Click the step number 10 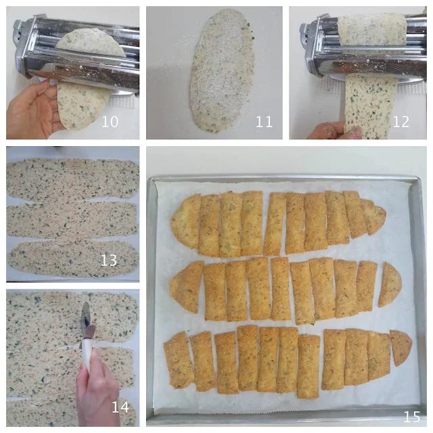tap(110, 122)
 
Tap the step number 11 tap(264, 122)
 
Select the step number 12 tap(401, 122)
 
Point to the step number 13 tap(108, 260)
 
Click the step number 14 tap(120, 407)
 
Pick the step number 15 tap(412, 417)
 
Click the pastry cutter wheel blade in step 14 tap(86, 313)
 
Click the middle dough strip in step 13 tap(72, 220)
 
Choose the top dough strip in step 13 tap(72, 179)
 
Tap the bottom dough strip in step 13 tap(74, 259)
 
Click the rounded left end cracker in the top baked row tap(185, 221)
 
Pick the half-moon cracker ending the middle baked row tap(390, 285)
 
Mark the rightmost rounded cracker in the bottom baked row tap(401, 347)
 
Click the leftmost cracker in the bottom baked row tap(179, 361)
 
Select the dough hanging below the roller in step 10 tap(83, 106)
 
